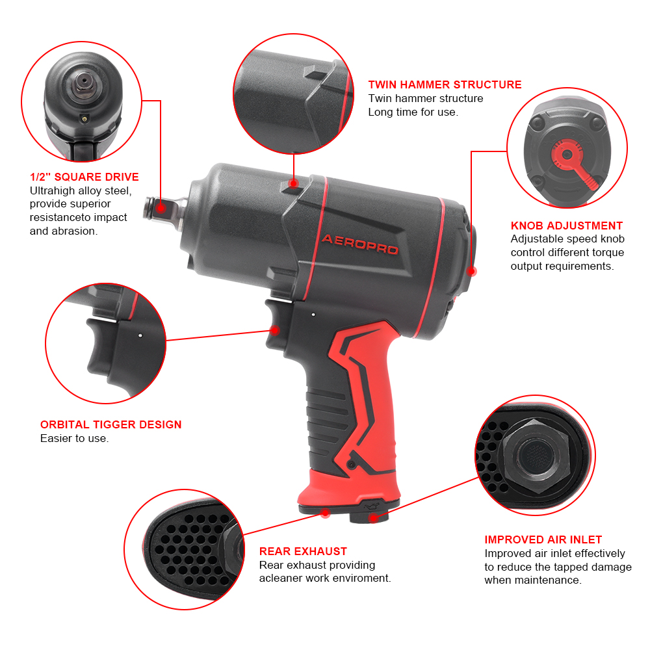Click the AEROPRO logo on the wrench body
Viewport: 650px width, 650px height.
360,244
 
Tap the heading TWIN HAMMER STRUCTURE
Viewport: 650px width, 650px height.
445,84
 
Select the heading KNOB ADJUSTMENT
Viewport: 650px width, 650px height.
567,226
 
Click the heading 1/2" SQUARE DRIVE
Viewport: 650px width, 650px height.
84,177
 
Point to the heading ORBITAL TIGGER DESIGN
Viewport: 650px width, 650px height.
110,424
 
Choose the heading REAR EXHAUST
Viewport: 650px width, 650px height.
303,551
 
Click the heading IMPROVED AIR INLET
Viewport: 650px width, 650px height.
543,539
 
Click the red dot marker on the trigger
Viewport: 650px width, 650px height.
275,330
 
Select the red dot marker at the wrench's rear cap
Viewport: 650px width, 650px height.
472,272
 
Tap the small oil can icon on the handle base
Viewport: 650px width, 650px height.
371,506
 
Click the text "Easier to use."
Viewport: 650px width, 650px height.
75,439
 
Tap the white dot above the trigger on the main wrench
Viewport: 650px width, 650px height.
313,315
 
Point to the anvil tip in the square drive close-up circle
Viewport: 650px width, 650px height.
84,80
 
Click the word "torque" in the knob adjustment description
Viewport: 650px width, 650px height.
593,253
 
